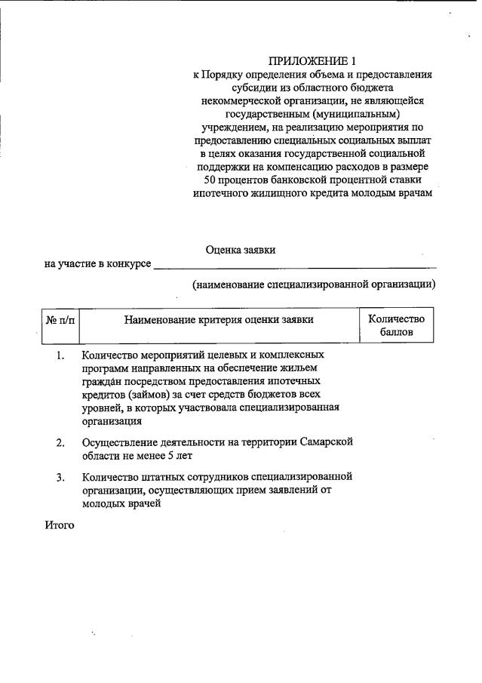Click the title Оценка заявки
(x=245, y=249)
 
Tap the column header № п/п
(x=60, y=320)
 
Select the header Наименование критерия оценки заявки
(x=219, y=320)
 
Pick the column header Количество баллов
(x=397, y=325)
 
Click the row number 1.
(x=60, y=355)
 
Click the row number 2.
(x=60, y=442)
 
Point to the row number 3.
(x=60, y=478)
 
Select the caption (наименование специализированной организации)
(x=314, y=285)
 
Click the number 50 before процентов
(x=211, y=180)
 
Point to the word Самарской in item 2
(x=326, y=442)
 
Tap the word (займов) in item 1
(x=150, y=395)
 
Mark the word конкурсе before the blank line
(x=128, y=265)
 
